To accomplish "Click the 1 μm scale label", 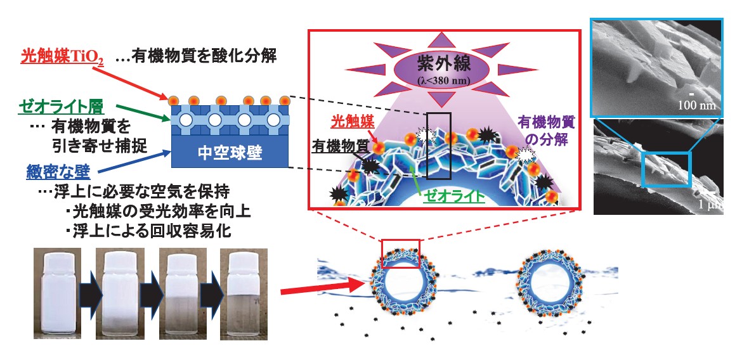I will click(x=710, y=205).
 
